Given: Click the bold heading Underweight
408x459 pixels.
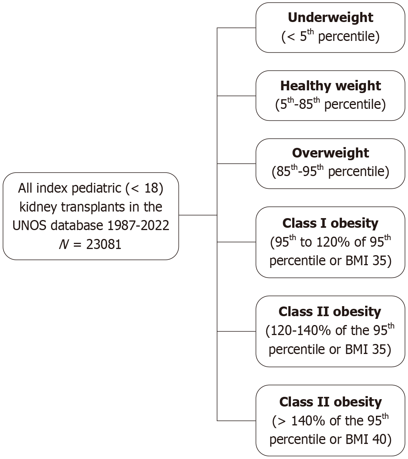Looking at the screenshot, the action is click(x=330, y=17).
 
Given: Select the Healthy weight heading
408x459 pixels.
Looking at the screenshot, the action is click(x=330, y=86).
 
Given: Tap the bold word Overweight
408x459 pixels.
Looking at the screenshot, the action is click(x=330, y=153).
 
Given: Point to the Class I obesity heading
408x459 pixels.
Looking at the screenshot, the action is click(x=330, y=224).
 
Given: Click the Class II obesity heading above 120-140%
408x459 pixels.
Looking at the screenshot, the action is click(x=330, y=312).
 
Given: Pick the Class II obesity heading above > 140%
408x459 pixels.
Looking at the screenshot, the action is click(x=330, y=402).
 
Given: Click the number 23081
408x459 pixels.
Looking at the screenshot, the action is click(x=104, y=244).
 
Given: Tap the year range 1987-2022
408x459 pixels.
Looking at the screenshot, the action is click(x=138, y=226).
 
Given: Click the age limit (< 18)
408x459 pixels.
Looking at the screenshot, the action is click(x=144, y=188).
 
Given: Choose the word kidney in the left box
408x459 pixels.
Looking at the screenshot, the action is click(x=38, y=207).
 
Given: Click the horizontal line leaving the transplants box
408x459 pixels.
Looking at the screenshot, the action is click(x=198, y=215).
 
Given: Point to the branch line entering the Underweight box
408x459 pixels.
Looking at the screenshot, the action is click(x=236, y=28).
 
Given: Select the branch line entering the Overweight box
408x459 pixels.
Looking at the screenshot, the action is click(x=236, y=164).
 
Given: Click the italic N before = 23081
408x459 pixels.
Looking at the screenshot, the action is click(x=64, y=244).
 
